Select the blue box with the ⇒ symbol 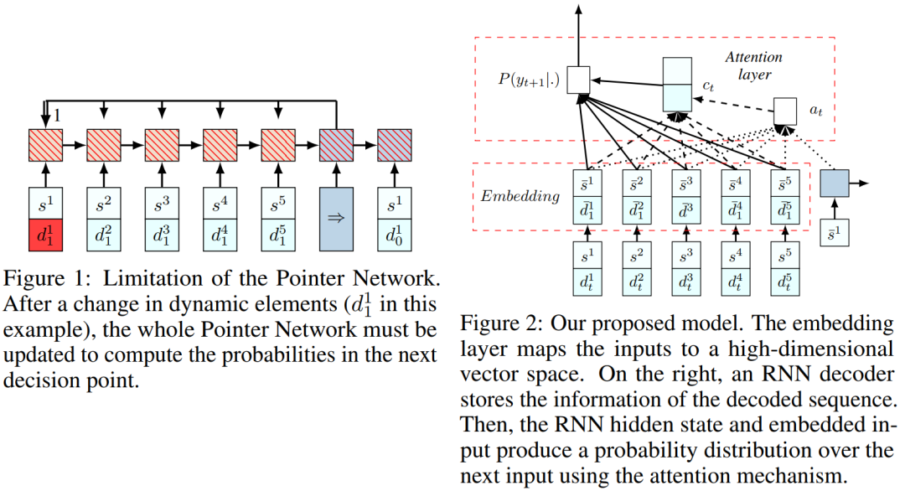[x=336, y=219]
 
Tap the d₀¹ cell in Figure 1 [x=394, y=235]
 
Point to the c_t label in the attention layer [x=707, y=86]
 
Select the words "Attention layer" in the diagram [x=753, y=66]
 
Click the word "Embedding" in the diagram [x=520, y=196]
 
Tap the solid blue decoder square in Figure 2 [x=834, y=183]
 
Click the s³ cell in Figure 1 [x=161, y=203]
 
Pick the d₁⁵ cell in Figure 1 [x=277, y=235]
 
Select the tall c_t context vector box [x=677, y=85]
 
